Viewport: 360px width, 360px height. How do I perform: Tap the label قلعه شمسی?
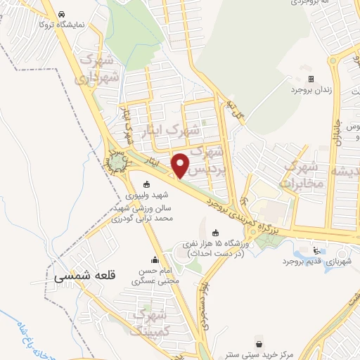[84, 277]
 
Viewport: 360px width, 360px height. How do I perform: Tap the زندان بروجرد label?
[311, 91]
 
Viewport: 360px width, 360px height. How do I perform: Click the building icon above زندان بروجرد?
[311, 78]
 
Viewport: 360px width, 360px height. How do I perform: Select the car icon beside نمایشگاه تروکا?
[63, 13]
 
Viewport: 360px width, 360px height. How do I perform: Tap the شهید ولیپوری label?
[146, 198]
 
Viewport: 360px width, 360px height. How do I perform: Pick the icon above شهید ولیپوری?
[146, 185]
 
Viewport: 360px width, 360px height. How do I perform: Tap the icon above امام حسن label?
[155, 259]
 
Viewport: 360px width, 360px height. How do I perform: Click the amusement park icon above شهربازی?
[316, 250]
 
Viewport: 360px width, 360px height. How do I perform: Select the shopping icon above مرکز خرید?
[262, 344]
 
